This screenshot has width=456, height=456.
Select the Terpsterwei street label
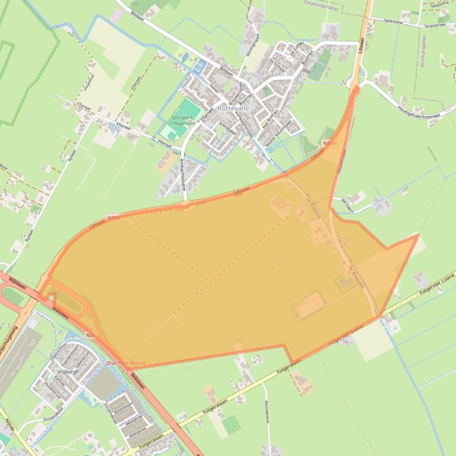pyautogui.click(x=435, y=25)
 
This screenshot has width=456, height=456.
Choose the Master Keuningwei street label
pyautogui.click(x=278, y=134)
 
